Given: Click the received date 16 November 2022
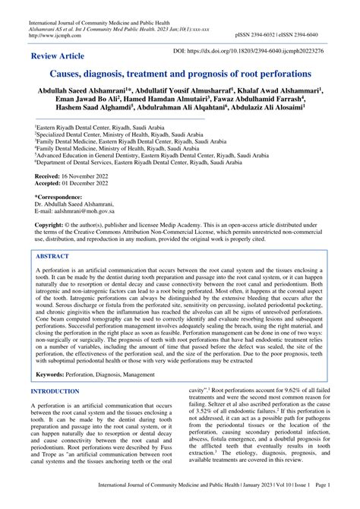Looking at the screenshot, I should click(x=89, y=175).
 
